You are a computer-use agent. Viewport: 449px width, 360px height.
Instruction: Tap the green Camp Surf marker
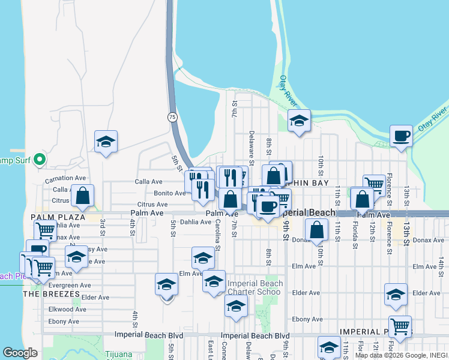click(40, 160)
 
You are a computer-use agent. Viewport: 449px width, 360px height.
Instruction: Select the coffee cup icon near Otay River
click(400, 136)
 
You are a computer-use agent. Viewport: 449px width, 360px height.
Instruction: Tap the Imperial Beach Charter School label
click(255, 288)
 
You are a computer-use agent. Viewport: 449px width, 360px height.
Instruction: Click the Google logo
click(20, 353)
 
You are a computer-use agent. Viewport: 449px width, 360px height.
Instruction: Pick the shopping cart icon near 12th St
click(374, 184)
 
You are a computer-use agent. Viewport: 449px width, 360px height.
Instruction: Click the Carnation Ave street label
click(65, 178)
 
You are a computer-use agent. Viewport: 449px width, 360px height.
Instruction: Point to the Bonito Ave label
click(170, 193)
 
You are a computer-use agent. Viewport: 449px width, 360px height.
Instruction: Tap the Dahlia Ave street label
click(196, 222)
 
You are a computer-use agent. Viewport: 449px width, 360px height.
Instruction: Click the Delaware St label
click(252, 148)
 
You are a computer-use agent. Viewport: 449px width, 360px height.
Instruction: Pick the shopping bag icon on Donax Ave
click(316, 229)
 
